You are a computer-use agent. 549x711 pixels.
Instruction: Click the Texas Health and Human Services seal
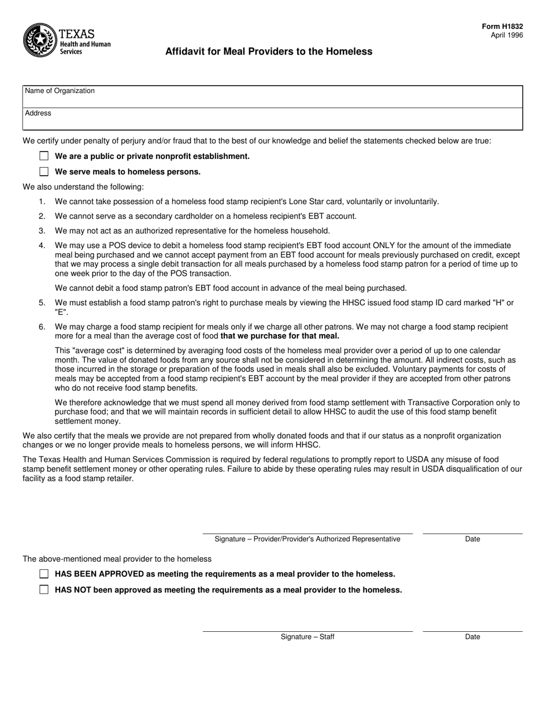point(39,40)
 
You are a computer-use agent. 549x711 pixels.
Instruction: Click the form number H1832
point(503,27)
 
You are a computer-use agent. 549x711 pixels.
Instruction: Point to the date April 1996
point(507,35)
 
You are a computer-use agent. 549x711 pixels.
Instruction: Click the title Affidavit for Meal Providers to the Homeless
point(269,51)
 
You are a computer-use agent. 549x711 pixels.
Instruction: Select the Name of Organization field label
point(60,91)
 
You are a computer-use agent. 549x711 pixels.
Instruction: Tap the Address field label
point(38,113)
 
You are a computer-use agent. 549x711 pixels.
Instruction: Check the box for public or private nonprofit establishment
point(44,156)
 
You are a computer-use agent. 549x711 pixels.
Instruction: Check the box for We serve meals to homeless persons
point(44,172)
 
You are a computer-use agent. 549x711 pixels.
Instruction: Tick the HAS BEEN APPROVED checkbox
point(44,574)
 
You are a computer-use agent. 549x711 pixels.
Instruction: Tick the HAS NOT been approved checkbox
point(44,590)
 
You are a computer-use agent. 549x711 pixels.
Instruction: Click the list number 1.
point(42,202)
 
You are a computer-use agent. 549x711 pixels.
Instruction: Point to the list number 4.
point(42,246)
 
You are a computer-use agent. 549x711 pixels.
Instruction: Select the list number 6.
point(42,327)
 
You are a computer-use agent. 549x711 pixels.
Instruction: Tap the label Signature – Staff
point(307,637)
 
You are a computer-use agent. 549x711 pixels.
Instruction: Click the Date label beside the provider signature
point(472,539)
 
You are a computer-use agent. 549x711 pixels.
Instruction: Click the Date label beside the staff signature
point(472,637)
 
